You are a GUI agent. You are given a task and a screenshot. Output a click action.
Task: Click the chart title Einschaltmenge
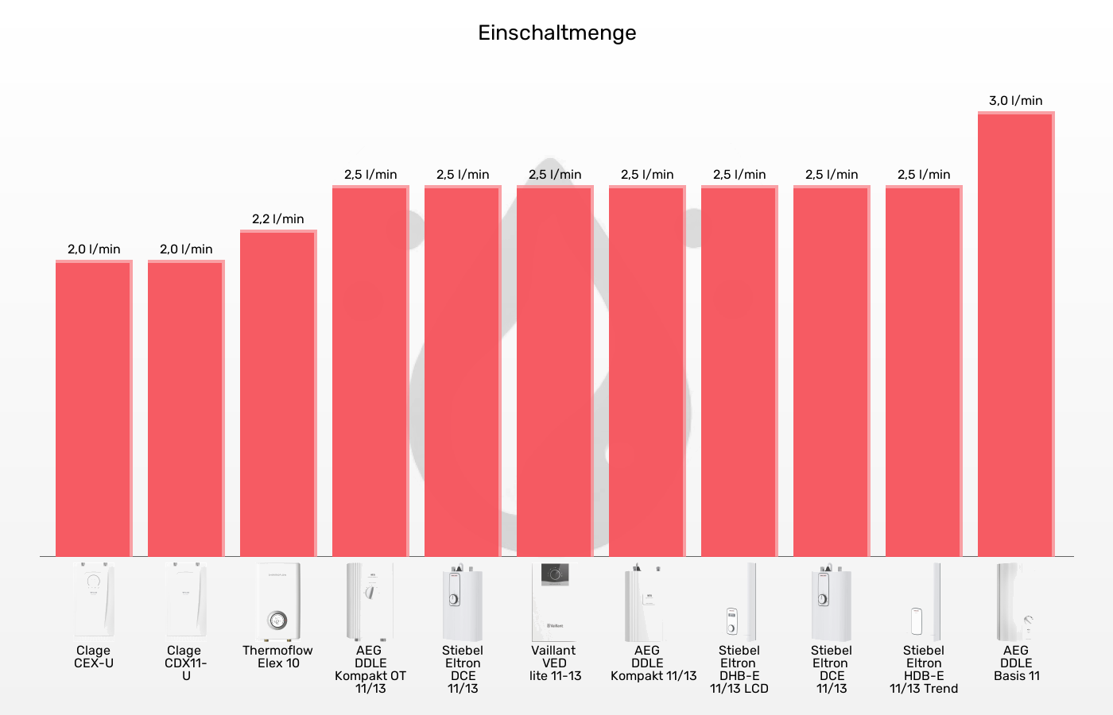(x=556, y=33)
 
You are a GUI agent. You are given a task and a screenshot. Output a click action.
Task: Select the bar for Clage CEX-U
(x=93, y=408)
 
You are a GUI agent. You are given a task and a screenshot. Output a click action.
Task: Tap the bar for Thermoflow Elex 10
(x=277, y=393)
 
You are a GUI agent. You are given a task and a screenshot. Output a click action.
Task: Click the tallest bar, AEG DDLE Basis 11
(x=1015, y=334)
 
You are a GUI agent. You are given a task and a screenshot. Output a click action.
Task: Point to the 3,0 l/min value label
(x=1015, y=101)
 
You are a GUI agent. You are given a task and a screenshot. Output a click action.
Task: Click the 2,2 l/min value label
(x=277, y=219)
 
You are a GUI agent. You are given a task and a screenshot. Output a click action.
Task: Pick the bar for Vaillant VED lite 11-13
(x=554, y=371)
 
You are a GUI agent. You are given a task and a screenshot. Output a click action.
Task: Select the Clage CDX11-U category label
(x=185, y=663)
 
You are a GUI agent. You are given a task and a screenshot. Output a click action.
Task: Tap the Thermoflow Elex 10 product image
(x=277, y=602)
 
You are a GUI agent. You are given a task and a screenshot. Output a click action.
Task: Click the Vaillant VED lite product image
(x=554, y=602)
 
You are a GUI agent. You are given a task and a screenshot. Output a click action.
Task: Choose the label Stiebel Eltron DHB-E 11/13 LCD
(x=739, y=669)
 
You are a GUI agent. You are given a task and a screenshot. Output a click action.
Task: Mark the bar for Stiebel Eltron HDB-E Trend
(x=923, y=371)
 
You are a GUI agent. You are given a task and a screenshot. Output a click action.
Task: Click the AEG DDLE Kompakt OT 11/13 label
(x=370, y=669)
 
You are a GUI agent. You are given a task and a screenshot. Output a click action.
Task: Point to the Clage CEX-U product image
(x=93, y=600)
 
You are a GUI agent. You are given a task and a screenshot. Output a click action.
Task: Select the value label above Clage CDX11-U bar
(x=185, y=249)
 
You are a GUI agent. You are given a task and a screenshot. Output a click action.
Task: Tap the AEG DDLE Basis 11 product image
(x=1015, y=602)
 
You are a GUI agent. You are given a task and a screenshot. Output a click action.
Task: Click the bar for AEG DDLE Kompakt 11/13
(x=646, y=371)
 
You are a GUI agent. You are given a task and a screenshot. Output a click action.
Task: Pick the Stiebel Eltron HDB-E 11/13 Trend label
(x=923, y=669)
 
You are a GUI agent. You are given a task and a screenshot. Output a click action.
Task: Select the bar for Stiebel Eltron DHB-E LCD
(x=739, y=371)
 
